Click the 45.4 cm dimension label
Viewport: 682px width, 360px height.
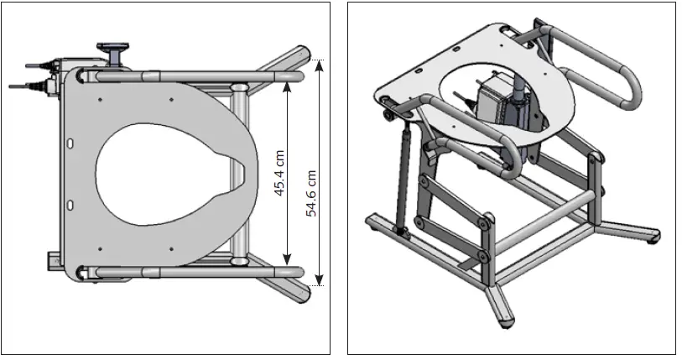coord(280,172)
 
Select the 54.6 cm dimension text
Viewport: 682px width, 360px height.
coord(311,194)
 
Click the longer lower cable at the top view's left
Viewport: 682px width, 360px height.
coord(25,85)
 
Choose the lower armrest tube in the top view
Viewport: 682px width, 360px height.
coord(193,272)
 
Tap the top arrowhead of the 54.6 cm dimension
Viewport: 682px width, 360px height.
coord(319,65)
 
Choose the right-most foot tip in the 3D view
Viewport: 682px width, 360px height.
coord(653,237)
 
